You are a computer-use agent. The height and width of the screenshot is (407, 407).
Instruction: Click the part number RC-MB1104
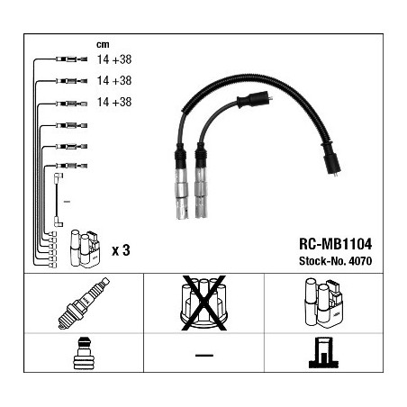click(335, 244)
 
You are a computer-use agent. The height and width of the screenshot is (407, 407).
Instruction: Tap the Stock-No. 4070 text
click(335, 261)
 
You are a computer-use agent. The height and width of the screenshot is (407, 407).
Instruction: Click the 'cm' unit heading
click(103, 45)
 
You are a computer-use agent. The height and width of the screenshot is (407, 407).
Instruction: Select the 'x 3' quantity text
click(121, 250)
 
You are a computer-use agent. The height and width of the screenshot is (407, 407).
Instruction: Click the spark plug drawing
click(84, 303)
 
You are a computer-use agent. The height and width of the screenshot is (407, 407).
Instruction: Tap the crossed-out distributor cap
click(203, 303)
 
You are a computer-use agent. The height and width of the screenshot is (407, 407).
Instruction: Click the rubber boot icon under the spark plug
click(84, 353)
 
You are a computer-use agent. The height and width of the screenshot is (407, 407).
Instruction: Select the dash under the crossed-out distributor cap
click(204, 356)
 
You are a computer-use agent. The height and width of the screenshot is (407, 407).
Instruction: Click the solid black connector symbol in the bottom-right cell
click(323, 353)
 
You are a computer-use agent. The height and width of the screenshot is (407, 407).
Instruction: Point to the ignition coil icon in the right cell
click(323, 303)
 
